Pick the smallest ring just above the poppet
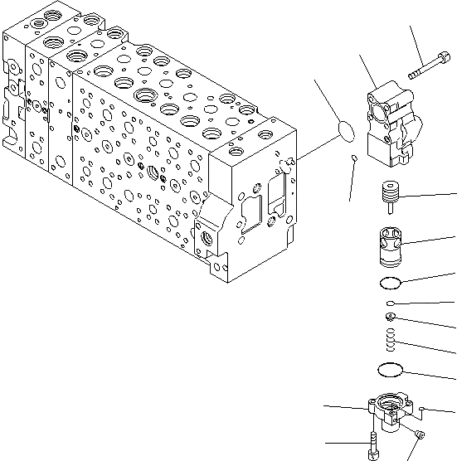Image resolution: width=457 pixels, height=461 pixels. (389, 305)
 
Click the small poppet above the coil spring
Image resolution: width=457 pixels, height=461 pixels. (389, 317)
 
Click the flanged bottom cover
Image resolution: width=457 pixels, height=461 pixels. (388, 408)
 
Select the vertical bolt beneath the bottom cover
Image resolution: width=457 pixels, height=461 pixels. (372, 446)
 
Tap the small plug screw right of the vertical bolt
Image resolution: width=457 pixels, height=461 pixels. (421, 435)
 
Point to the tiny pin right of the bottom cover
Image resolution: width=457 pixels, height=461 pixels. (422, 408)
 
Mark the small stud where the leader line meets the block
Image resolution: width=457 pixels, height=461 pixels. (292, 160)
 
